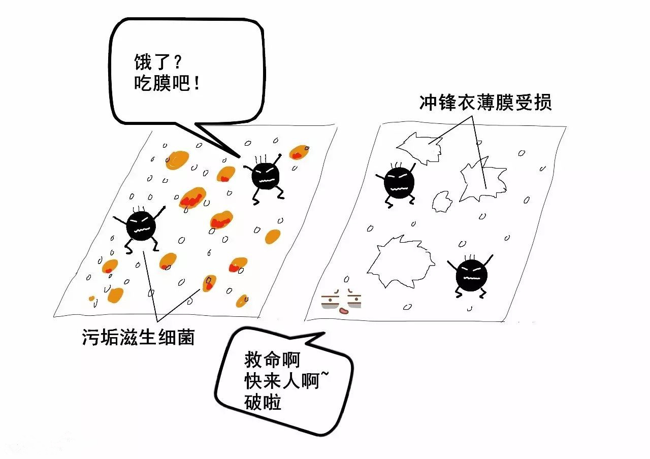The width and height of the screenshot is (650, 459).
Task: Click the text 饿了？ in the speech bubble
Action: [157, 62]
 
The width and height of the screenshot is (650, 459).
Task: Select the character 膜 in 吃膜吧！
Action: [161, 83]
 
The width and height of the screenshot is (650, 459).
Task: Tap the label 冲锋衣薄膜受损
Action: [485, 103]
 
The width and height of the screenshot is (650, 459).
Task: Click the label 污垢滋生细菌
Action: [138, 337]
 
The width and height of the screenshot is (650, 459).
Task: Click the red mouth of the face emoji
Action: [344, 310]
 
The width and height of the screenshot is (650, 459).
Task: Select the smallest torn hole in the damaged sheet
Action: [441, 201]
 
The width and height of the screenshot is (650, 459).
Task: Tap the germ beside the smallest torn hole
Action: [399, 183]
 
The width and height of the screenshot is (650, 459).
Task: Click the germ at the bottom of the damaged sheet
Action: [471, 275]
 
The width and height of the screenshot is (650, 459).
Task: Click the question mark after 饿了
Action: [178, 63]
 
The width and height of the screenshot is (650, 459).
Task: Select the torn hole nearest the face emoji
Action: [400, 260]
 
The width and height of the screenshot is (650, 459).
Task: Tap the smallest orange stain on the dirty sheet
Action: [92, 298]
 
